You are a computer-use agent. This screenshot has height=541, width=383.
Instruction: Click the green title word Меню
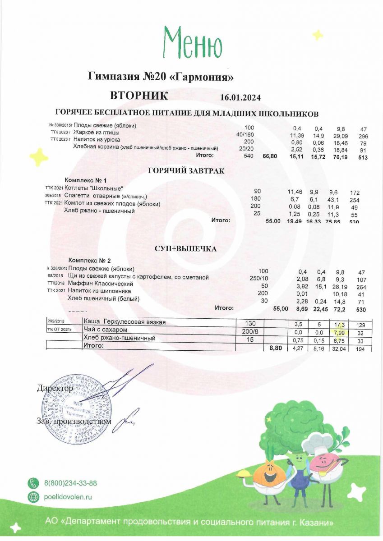[193, 42]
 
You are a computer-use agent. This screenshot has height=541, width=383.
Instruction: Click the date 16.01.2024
[240, 97]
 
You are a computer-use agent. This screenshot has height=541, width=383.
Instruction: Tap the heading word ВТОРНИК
[139, 96]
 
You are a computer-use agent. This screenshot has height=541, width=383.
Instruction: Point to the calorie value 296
[363, 136]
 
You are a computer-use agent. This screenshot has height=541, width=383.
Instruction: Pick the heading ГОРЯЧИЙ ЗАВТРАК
[186, 171]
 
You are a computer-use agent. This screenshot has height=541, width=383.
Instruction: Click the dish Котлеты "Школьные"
[93, 188]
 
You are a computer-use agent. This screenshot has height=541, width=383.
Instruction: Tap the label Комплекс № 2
[89, 261]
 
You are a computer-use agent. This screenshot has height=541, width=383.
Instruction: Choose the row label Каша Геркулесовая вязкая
[125, 322]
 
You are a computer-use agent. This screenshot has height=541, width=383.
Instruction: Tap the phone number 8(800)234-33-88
[70, 483]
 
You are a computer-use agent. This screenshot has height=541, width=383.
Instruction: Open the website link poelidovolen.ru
[68, 497]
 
